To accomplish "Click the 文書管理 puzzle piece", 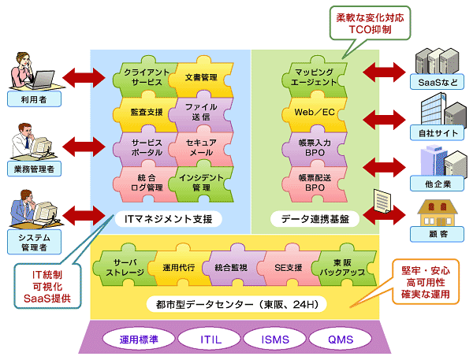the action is click(x=201, y=78).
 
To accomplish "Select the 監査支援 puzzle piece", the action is click(x=147, y=112).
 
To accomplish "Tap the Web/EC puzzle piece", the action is click(x=315, y=112).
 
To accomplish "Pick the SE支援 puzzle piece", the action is click(x=288, y=267).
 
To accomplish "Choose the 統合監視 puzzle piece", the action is click(x=231, y=267).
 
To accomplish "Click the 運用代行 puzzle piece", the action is click(x=179, y=267).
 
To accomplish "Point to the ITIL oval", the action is click(x=210, y=340).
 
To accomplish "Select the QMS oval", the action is click(x=341, y=340).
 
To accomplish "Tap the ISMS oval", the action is click(x=275, y=340).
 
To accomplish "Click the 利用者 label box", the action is click(x=34, y=99).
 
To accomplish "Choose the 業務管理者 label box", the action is click(x=34, y=169).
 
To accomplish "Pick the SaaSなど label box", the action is click(x=437, y=82).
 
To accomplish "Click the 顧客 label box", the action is click(x=437, y=234).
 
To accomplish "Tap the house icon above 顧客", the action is click(x=438, y=213).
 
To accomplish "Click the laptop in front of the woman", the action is click(x=41, y=80).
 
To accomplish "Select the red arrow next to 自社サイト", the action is click(x=384, y=120).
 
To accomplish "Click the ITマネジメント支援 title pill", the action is click(x=169, y=219).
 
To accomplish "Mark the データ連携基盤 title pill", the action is click(x=315, y=219).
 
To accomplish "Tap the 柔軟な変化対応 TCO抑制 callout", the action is click(x=371, y=23).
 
